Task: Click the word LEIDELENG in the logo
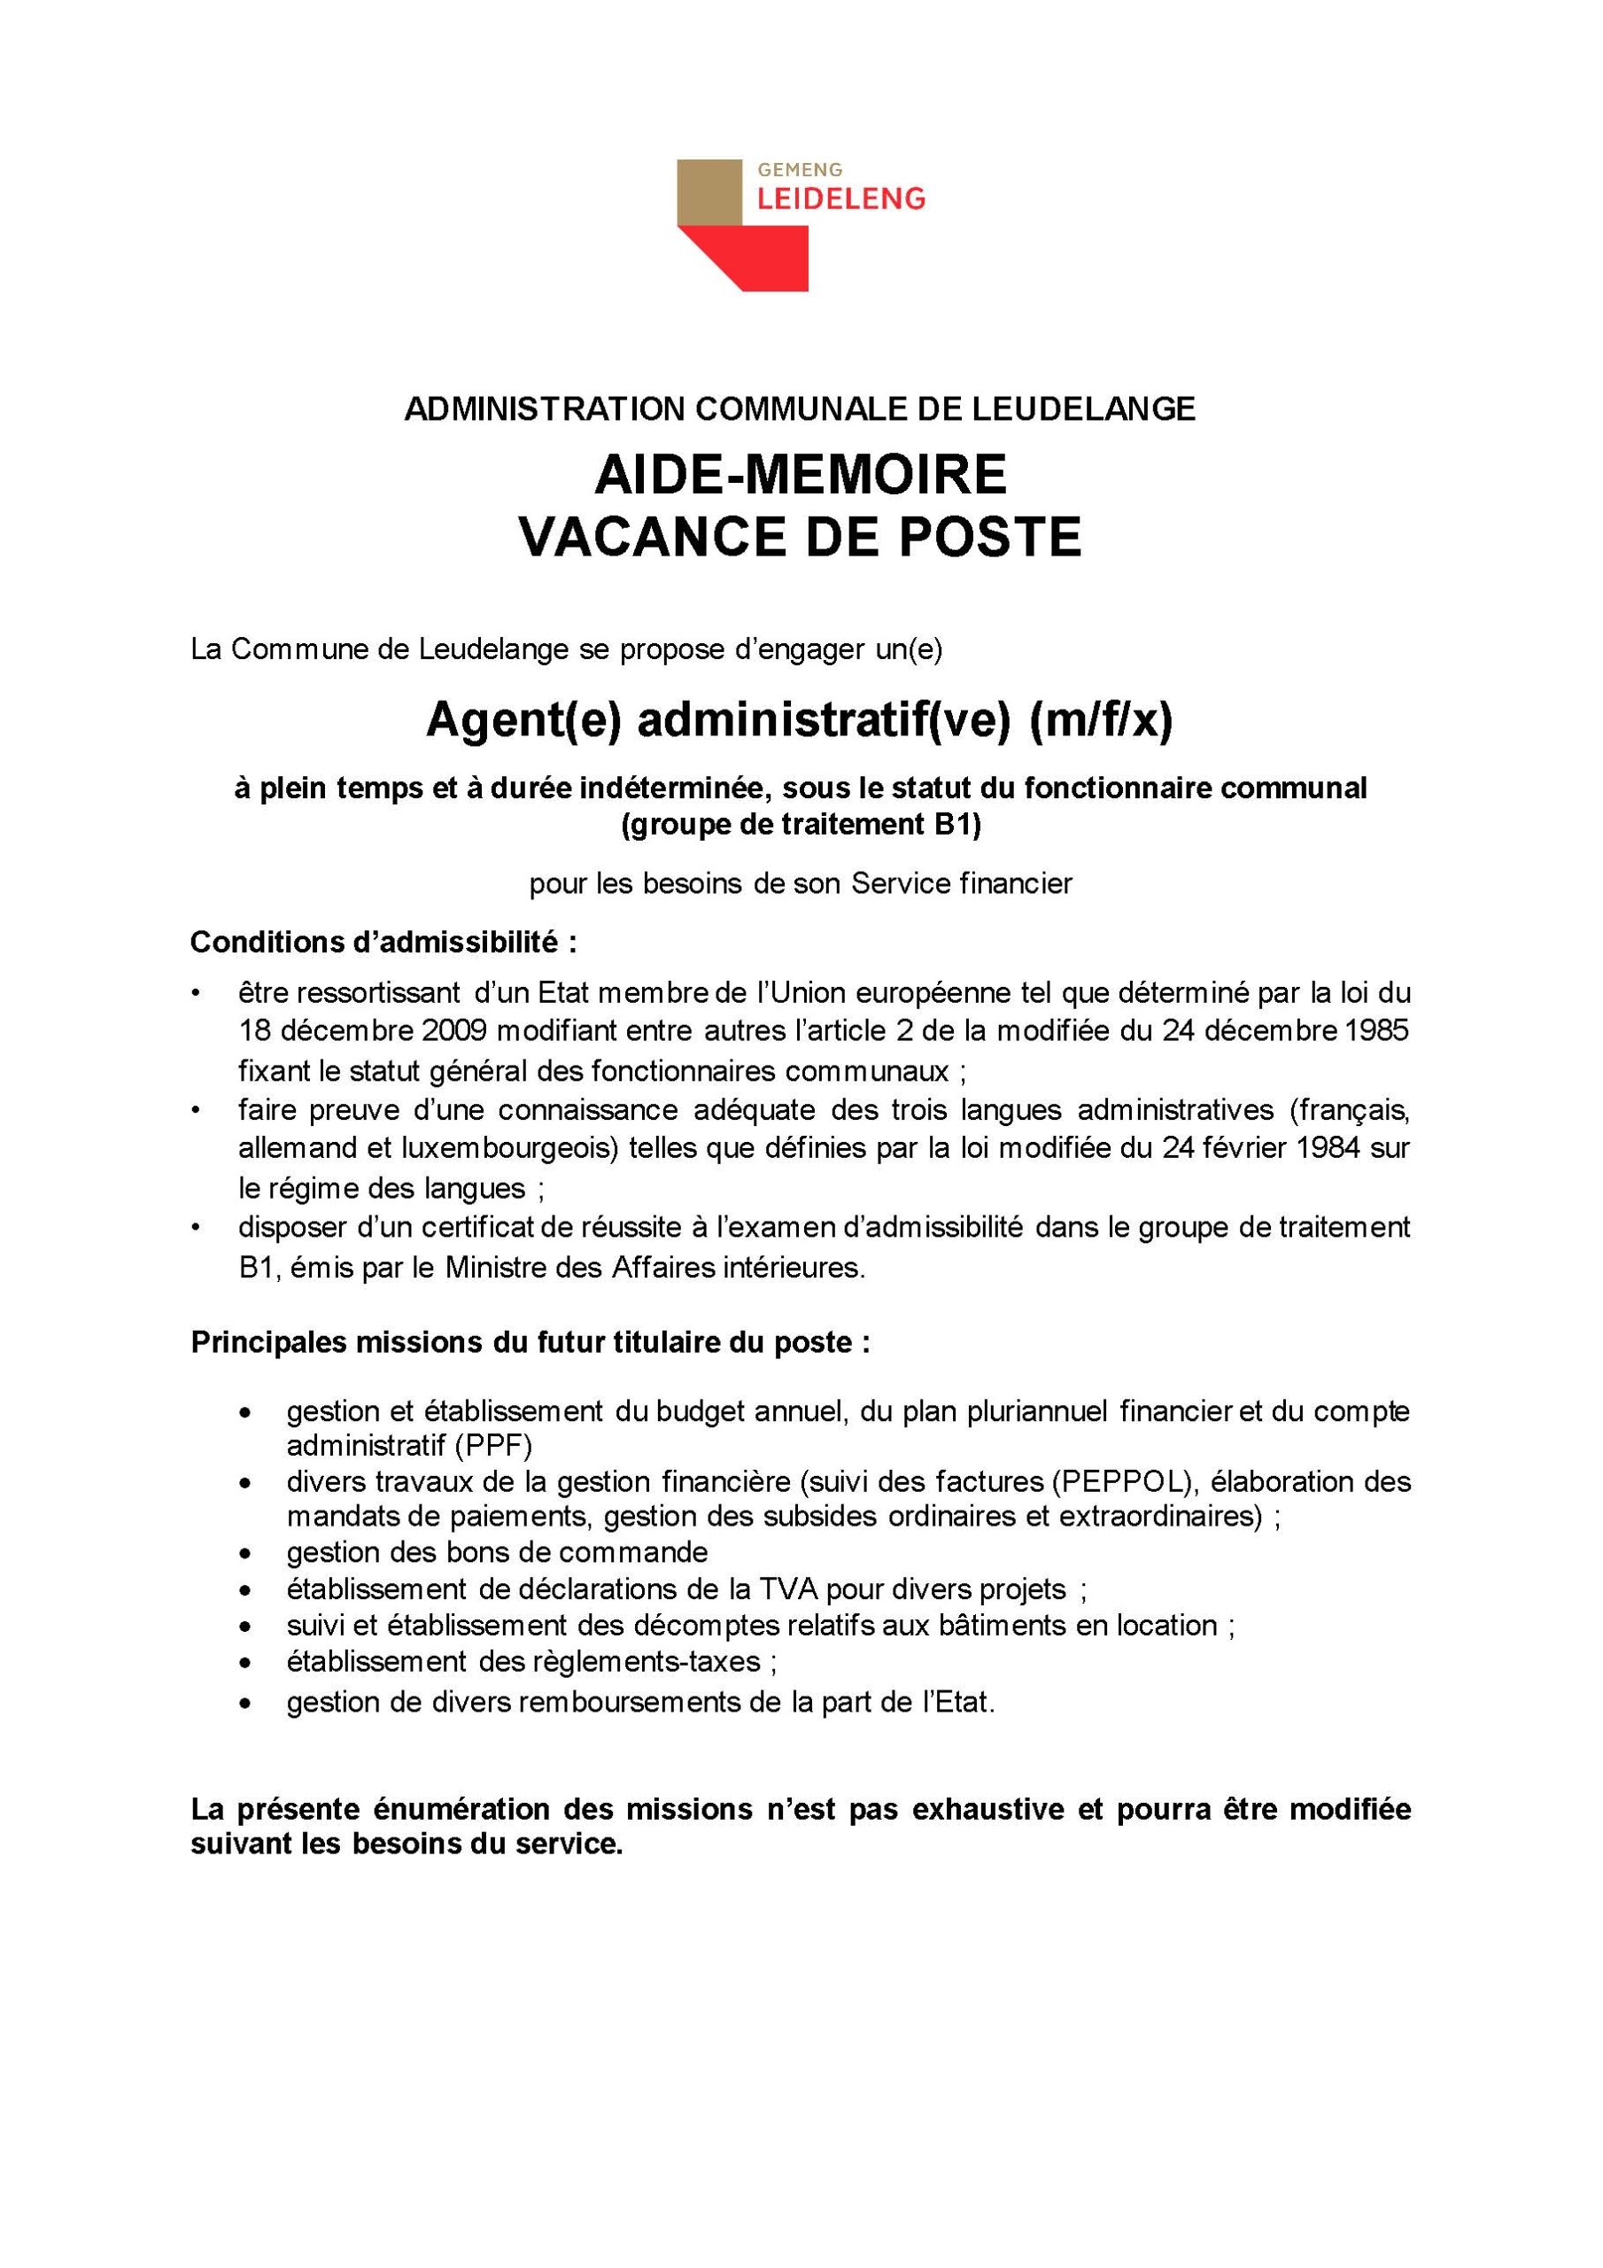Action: (840, 198)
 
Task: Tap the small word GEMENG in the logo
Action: (800, 170)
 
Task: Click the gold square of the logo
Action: (709, 191)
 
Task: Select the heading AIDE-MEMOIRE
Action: (800, 475)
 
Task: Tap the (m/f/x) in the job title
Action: (1100, 721)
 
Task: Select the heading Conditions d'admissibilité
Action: (383, 943)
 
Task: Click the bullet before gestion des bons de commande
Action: (245, 1554)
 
